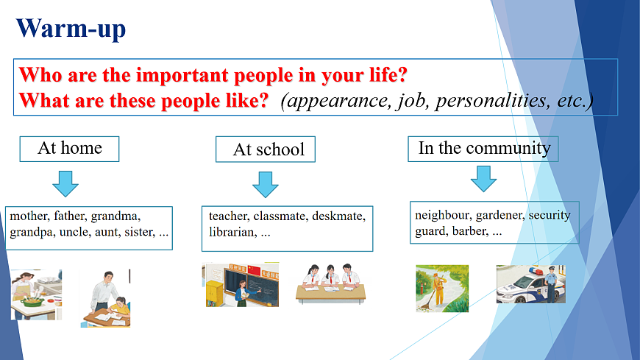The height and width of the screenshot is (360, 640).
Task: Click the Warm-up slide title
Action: click(71, 29)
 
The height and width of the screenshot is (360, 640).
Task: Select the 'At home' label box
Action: click(69, 149)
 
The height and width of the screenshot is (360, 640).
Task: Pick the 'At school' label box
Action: click(266, 149)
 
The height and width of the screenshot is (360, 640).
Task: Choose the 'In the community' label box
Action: click(483, 149)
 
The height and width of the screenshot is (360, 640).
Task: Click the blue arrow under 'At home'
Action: click(65, 184)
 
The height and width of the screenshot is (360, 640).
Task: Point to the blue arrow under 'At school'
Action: click(266, 184)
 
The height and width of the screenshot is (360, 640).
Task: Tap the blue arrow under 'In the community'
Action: click(483, 179)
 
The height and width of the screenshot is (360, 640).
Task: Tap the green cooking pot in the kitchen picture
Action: click(32, 302)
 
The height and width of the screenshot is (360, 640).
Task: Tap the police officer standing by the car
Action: click(550, 283)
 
